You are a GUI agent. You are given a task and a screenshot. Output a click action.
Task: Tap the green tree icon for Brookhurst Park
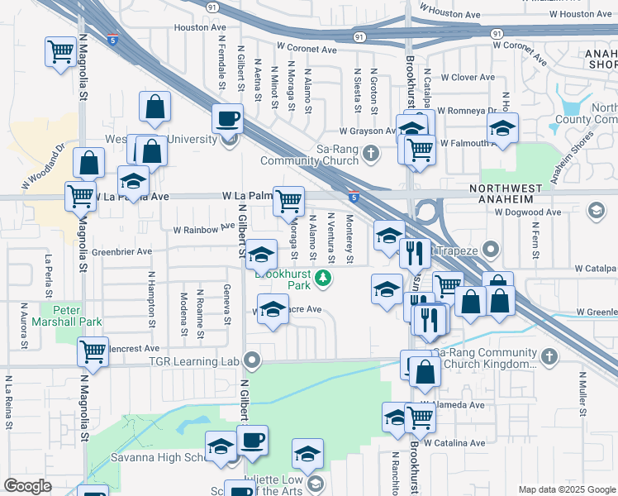[326, 279]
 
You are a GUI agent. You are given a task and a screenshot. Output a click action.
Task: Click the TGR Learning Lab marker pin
[254, 360]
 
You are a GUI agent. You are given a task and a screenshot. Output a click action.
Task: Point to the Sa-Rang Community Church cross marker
[372, 152]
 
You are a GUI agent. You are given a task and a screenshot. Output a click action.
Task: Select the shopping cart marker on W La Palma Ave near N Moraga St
[288, 201]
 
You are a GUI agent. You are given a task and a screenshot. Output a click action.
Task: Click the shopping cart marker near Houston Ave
[60, 52]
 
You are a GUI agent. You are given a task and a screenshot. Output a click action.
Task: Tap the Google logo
[28, 485]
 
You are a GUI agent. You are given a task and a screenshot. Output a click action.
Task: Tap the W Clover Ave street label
[468, 78]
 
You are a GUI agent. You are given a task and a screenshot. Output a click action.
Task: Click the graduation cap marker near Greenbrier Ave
[262, 254]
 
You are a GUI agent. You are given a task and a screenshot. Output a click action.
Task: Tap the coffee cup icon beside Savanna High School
[253, 439]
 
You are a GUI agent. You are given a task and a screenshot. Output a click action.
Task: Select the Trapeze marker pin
[492, 248]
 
